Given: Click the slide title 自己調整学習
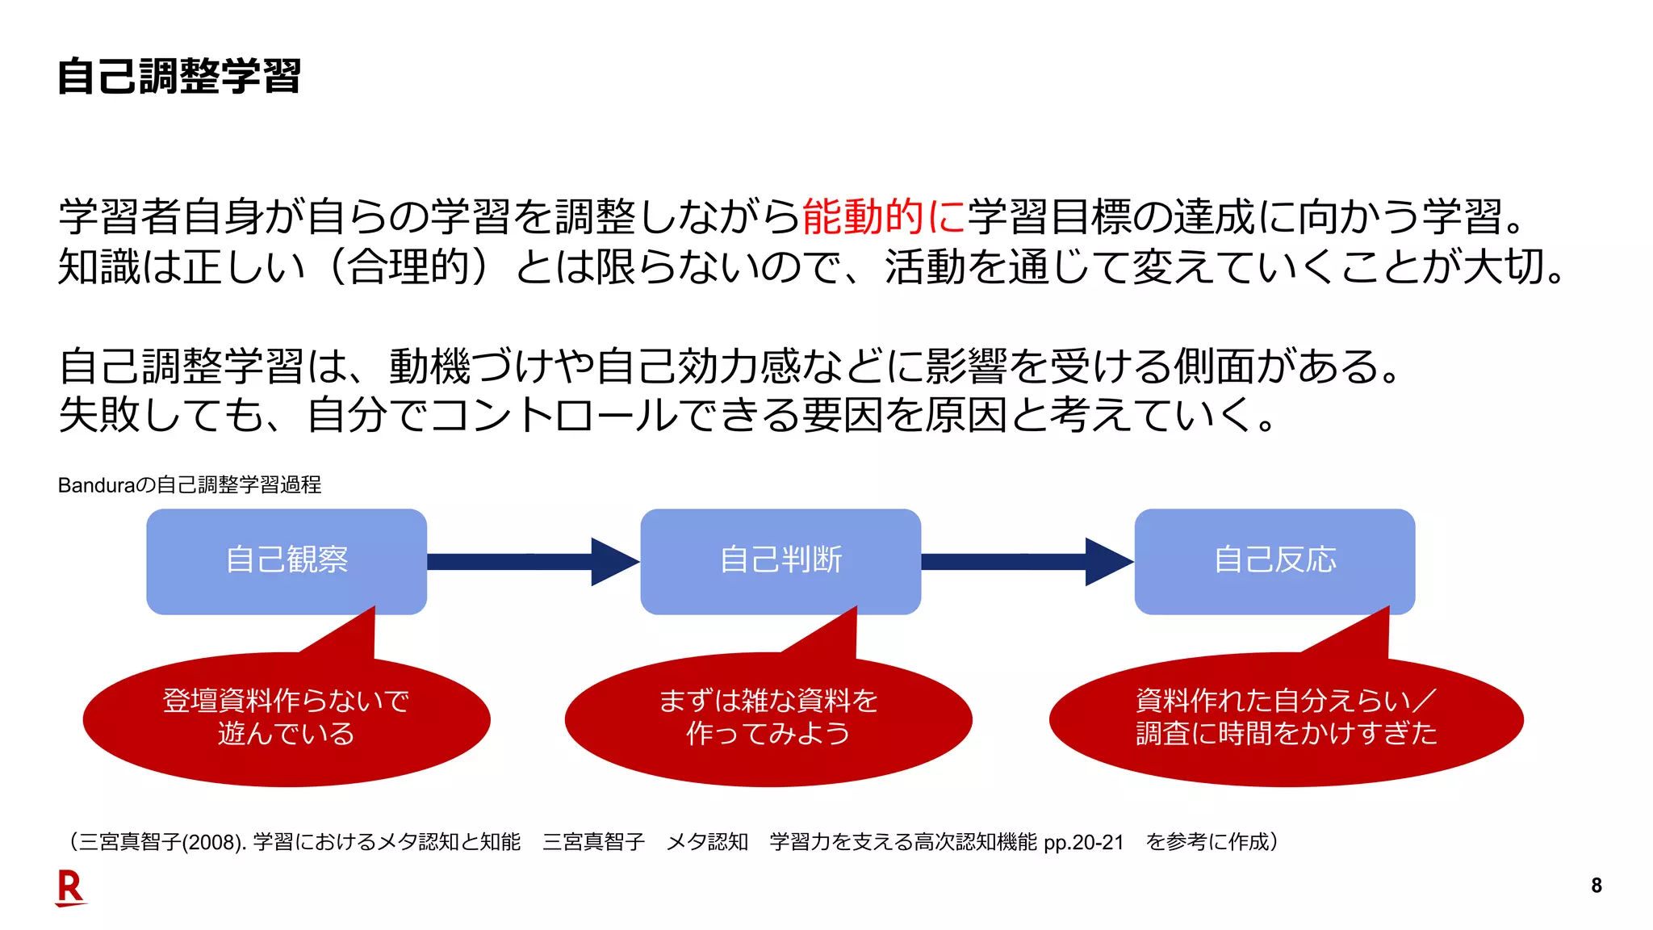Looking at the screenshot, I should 179,77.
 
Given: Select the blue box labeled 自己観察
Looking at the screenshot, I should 287,560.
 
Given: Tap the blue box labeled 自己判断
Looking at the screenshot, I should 780,560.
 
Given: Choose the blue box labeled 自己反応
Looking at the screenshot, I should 1274,560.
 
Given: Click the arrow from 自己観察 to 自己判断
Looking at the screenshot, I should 533,562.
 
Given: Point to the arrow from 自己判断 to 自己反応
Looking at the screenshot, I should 1027,562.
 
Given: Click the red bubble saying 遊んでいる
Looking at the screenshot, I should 287,718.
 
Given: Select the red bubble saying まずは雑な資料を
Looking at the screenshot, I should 768,718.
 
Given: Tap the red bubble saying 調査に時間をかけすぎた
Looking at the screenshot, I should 1286,718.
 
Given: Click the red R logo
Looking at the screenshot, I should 70,888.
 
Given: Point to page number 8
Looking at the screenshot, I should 1596,886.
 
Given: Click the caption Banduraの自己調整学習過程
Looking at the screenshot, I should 190,485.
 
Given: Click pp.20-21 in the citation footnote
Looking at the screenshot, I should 1083,843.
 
